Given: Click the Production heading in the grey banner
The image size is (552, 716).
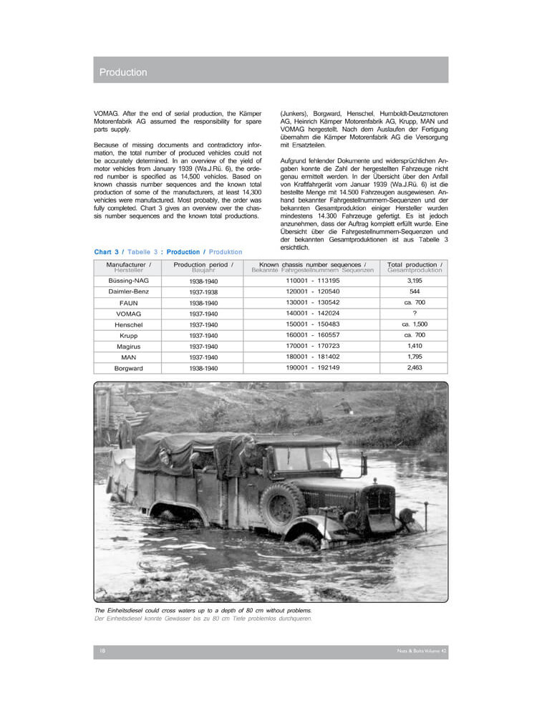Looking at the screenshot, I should (123, 72).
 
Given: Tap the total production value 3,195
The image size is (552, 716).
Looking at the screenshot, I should (415, 281).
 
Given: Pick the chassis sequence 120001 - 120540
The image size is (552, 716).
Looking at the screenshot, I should (313, 292).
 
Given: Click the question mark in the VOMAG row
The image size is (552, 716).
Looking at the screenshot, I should (415, 314).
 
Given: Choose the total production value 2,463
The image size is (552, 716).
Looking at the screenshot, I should (415, 368).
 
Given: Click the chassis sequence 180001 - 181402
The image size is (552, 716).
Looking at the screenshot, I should (313, 357).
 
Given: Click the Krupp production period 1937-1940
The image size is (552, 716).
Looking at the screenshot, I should (203, 336).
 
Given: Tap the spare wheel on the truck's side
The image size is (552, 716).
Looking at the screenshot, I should (282, 507).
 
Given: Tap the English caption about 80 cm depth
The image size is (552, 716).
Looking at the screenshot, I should (204, 610).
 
